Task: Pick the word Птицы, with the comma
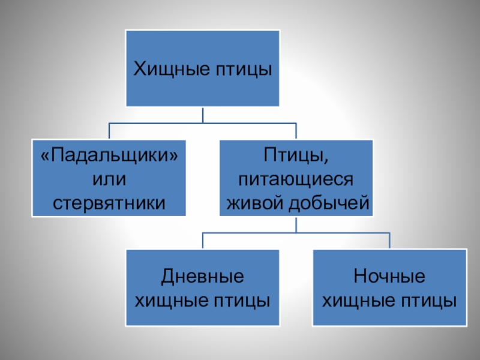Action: pyautogui.click(x=296, y=157)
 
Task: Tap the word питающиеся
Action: pyautogui.click(x=296, y=180)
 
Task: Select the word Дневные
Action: pyautogui.click(x=203, y=277)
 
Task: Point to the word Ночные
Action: pyautogui.click(x=389, y=277)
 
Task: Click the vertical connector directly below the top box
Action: pyautogui.click(x=203, y=115)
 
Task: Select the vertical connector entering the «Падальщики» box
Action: pyautogui.click(x=109, y=131)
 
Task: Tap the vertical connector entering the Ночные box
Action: pyautogui.click(x=389, y=241)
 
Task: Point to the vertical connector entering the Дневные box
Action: pyautogui.click(x=203, y=241)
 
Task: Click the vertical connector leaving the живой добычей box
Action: pyautogui.click(x=296, y=224)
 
